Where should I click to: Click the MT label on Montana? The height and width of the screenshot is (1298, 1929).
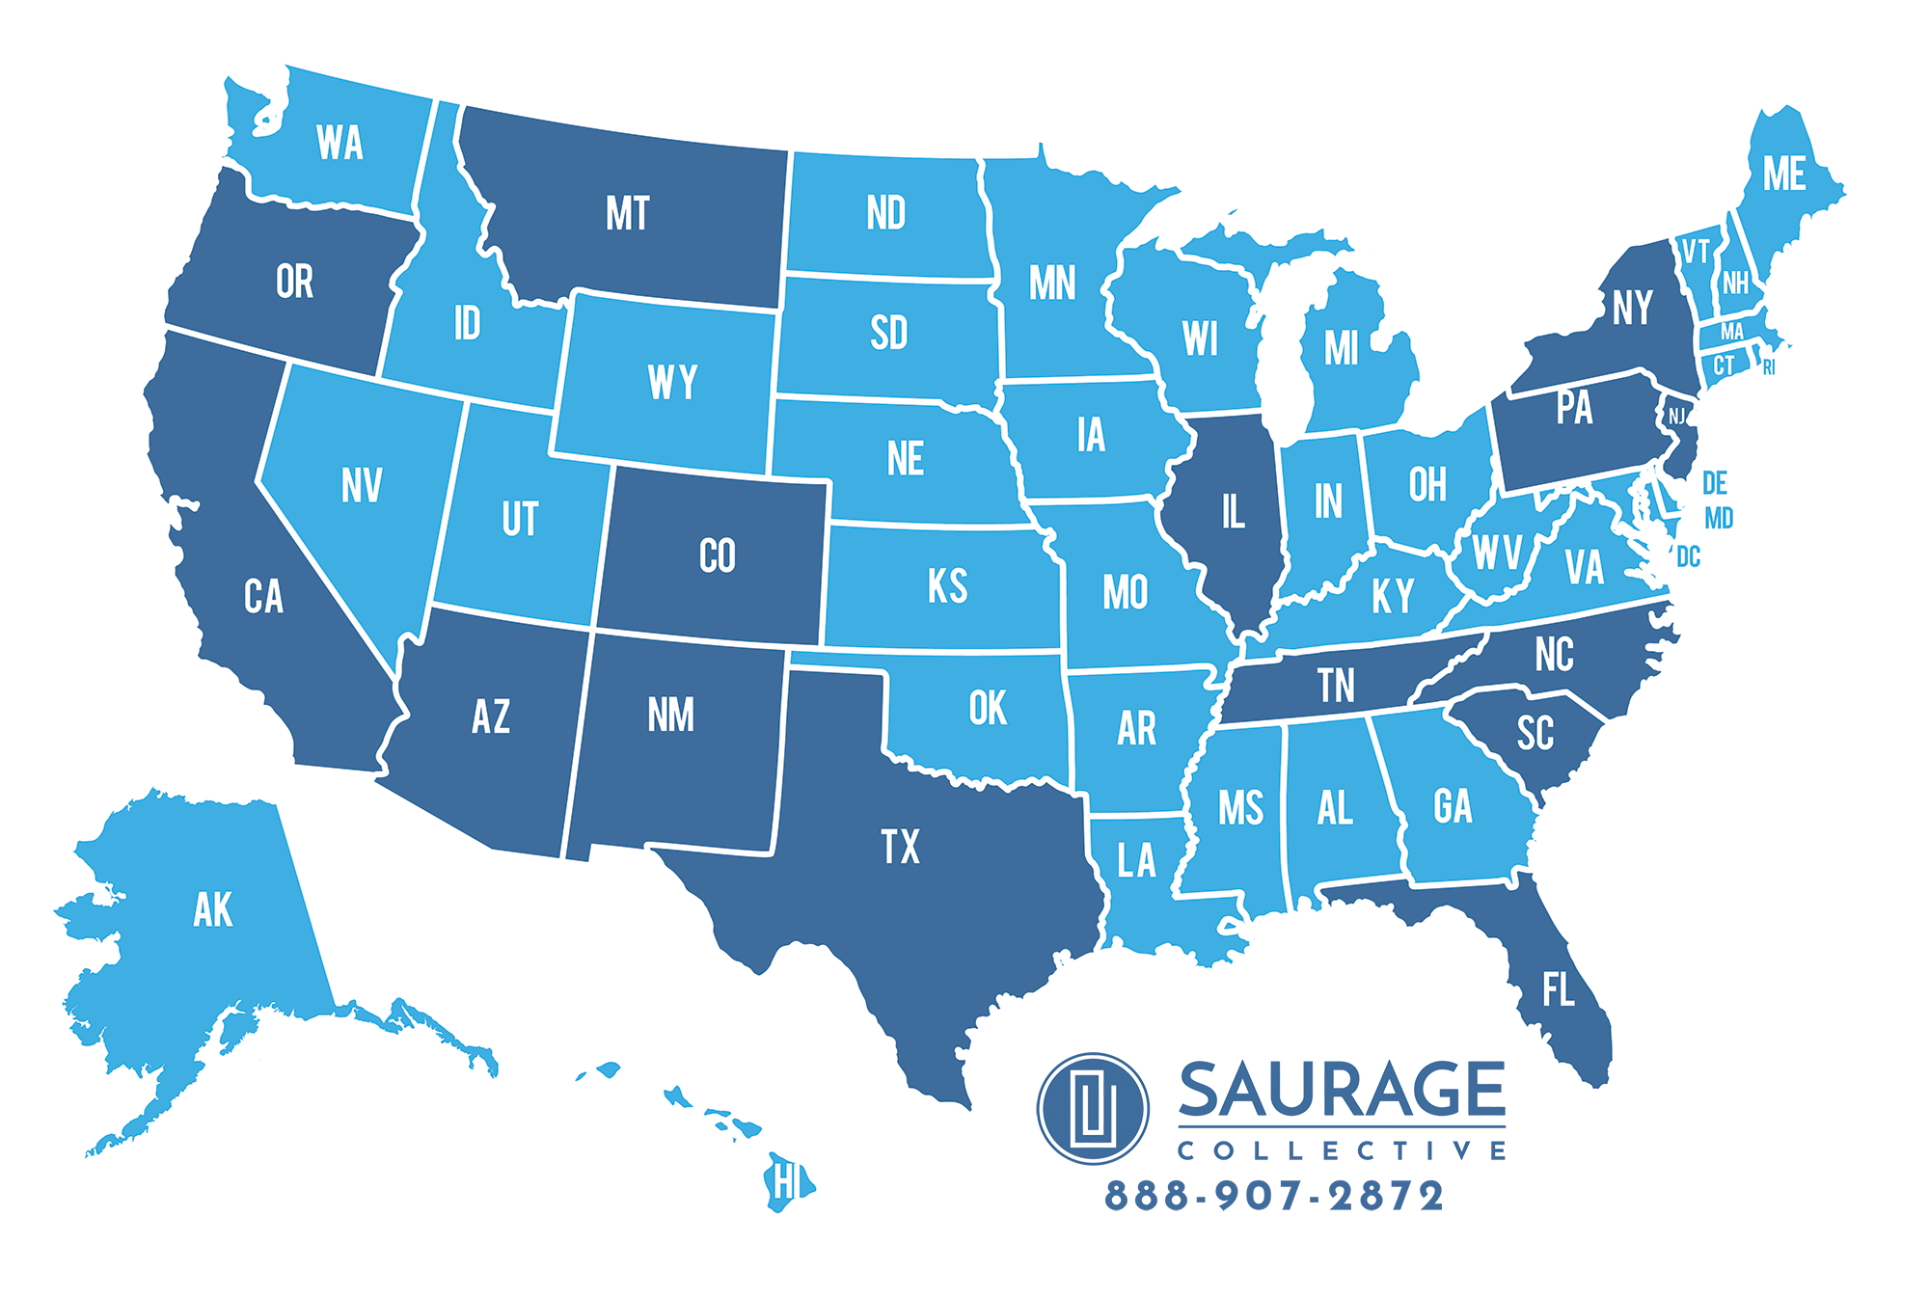[x=628, y=213]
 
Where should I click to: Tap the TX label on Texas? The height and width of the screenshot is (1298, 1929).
[x=900, y=847]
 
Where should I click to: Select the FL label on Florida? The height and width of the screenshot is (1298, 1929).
[x=1558, y=989]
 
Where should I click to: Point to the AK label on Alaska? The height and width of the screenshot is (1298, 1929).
[x=212, y=909]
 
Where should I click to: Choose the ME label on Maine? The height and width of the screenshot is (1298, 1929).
[x=1783, y=175]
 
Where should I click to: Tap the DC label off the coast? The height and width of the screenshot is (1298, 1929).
[x=1688, y=556]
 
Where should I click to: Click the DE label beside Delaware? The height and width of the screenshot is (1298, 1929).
[x=1714, y=482]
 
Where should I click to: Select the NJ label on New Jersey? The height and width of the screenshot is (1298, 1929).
[x=1677, y=417]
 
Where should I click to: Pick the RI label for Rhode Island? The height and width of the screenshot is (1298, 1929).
[x=1768, y=368]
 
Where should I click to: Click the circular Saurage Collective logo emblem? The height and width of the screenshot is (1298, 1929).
[x=1093, y=1109]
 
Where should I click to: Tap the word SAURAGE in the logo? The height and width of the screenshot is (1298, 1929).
[x=1341, y=1090]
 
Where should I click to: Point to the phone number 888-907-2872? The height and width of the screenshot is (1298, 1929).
[x=1273, y=1196]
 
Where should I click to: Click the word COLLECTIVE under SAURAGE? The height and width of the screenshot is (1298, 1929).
[x=1341, y=1150]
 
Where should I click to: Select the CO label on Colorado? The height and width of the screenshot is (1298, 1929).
[x=717, y=556]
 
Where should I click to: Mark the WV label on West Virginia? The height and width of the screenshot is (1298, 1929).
[x=1496, y=553]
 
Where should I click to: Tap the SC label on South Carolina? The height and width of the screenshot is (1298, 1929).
[x=1535, y=734]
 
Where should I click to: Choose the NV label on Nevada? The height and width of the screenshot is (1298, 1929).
[x=362, y=485]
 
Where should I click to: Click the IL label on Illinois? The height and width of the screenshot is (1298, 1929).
[x=1233, y=511]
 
